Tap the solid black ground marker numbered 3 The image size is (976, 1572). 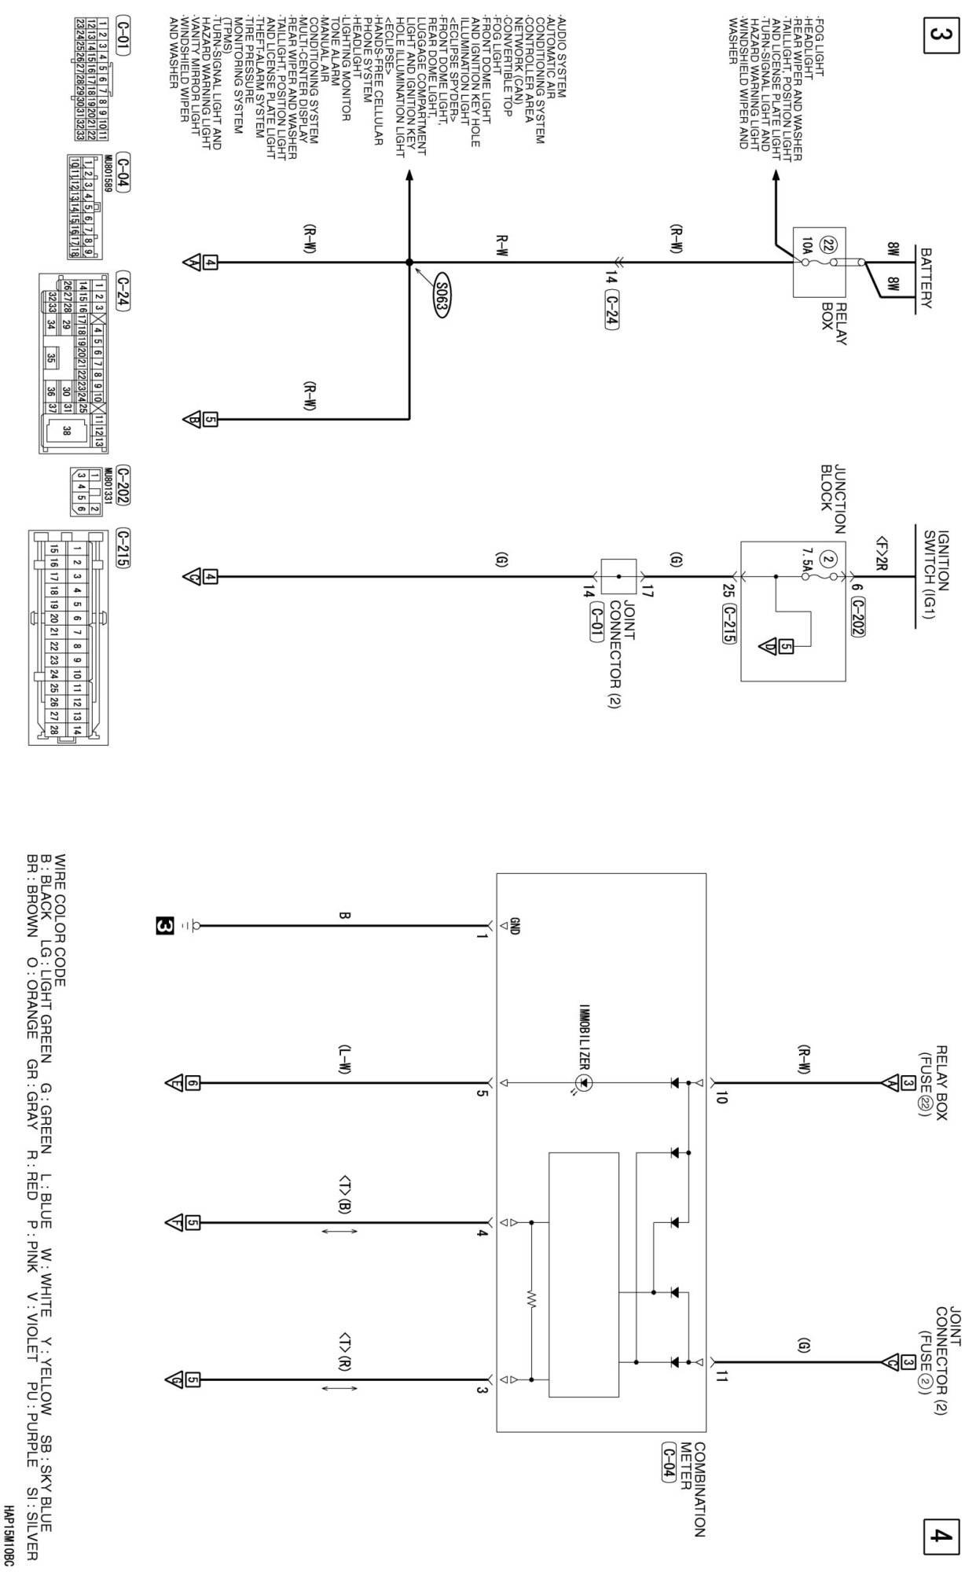[x=163, y=927]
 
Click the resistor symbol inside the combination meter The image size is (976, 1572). [x=531, y=1298]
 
